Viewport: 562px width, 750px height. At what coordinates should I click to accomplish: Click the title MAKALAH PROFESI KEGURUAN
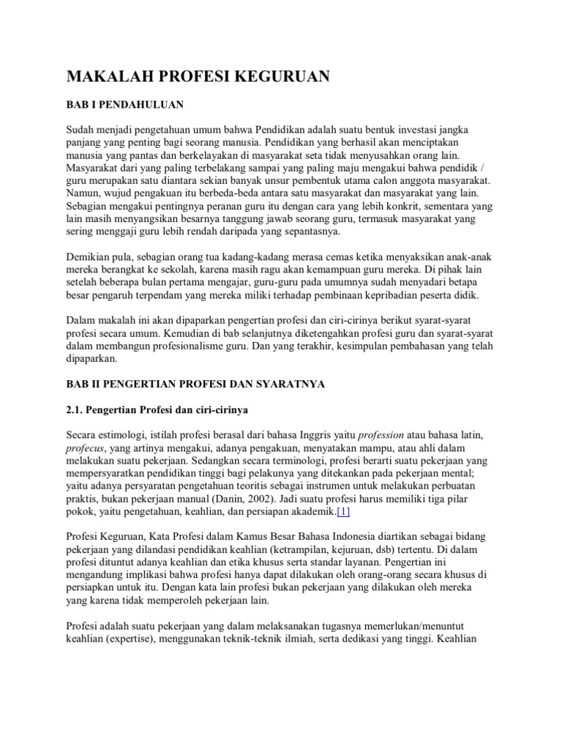click(197, 76)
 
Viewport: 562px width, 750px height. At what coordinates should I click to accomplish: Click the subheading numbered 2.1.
click(165, 410)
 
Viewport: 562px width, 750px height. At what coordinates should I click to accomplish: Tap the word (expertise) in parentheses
click(138, 637)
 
